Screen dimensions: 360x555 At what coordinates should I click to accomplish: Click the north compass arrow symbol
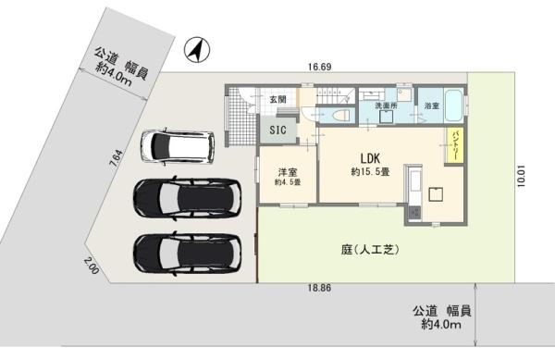pos(195,51)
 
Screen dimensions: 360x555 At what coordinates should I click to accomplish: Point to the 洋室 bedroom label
pos(288,172)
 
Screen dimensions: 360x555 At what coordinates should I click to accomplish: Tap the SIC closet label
pos(277,132)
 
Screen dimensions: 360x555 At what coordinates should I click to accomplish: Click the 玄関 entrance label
pos(277,98)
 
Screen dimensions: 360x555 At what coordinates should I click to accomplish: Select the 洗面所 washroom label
pos(386,107)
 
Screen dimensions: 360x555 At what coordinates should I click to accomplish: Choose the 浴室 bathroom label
pos(431,107)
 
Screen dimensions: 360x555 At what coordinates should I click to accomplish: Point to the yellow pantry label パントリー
pos(455,146)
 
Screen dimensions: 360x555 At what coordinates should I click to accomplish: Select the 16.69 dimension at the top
pos(320,67)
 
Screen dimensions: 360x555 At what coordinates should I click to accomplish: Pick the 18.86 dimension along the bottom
pos(320,289)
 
